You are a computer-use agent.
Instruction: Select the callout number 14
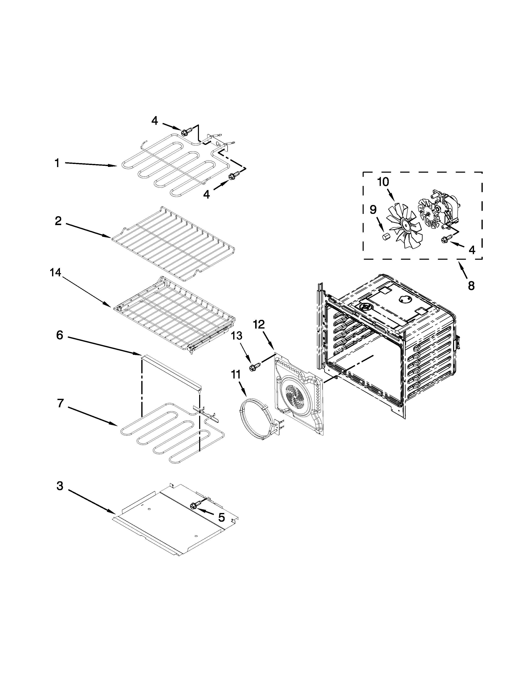point(55,273)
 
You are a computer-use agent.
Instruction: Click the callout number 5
point(221,517)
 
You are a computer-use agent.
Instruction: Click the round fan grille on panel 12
point(295,395)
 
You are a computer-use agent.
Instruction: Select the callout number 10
point(383,182)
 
